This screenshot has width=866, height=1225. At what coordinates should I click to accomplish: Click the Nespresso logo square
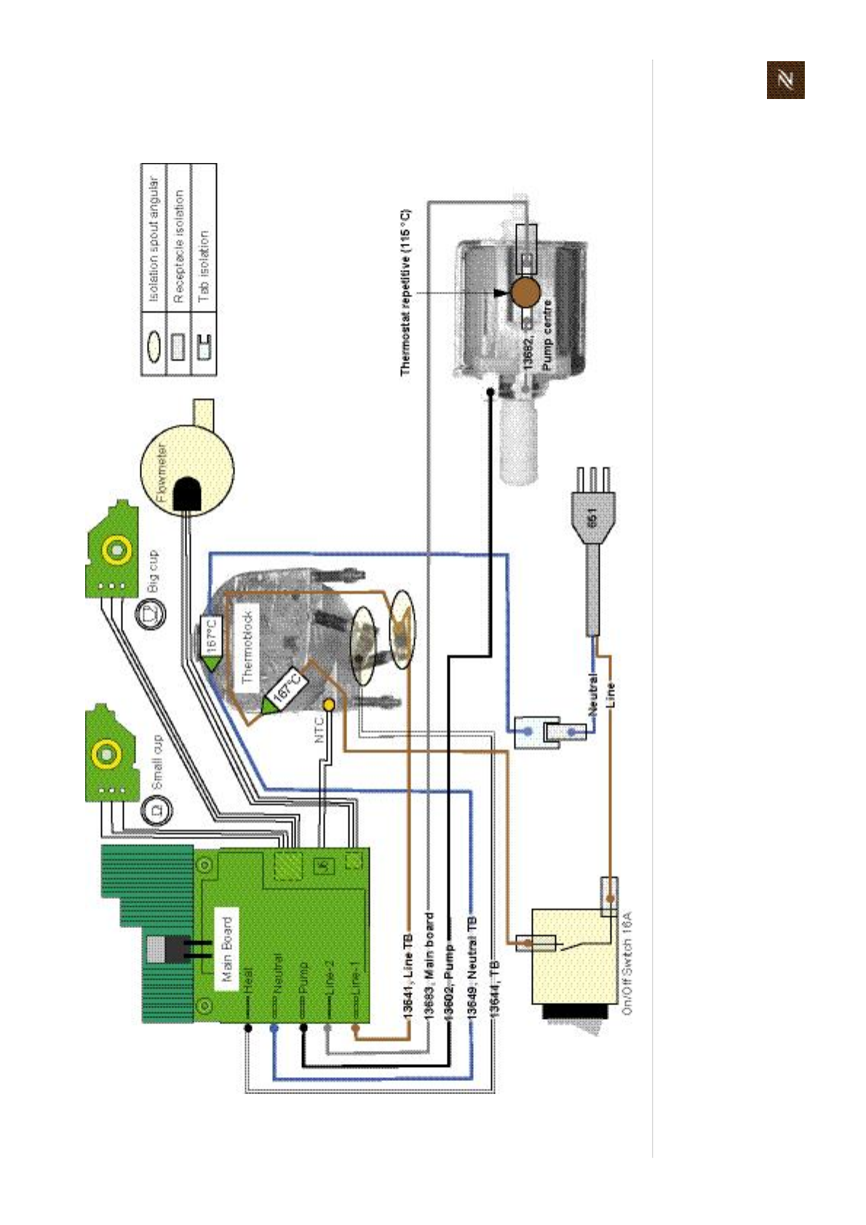(785, 80)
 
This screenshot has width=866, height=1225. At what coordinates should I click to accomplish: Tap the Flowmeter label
(162, 474)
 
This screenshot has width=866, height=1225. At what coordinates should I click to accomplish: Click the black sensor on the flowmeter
(188, 495)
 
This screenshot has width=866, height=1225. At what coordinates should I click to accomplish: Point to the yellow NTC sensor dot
(329, 705)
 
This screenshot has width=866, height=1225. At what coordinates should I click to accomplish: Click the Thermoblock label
(248, 646)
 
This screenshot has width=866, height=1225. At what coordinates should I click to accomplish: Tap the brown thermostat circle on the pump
(525, 293)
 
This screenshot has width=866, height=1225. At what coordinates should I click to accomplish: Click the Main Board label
(227, 949)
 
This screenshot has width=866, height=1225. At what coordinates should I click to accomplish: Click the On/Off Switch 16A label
(627, 962)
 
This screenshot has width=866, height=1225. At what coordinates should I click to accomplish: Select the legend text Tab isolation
(204, 267)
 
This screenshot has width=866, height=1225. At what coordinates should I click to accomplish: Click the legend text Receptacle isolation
(179, 247)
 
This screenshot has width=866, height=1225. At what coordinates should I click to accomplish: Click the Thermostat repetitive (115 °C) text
(405, 293)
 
